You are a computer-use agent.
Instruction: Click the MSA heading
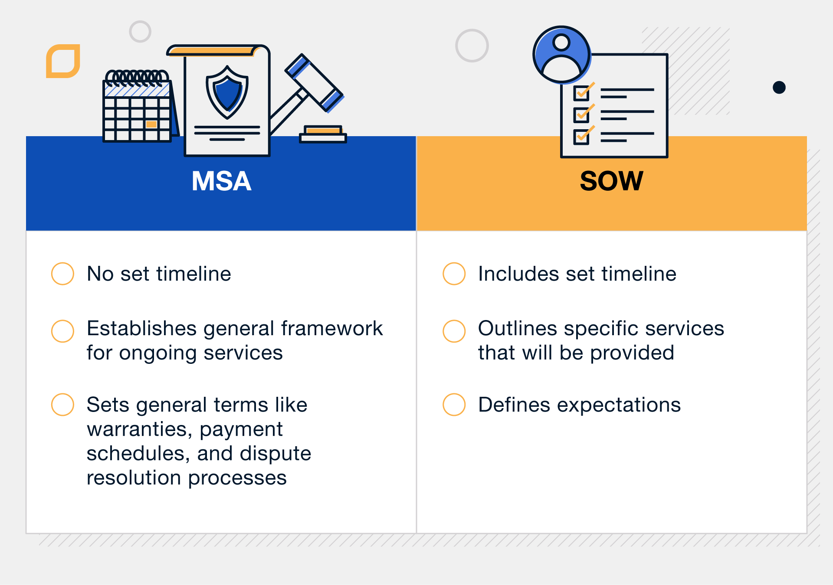[221, 181]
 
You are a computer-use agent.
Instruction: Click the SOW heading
[611, 181]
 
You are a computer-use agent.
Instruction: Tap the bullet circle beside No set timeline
[62, 274]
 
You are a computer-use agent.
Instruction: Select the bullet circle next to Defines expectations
[454, 405]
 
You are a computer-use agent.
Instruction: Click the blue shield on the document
[227, 92]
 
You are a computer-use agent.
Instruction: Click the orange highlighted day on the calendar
[151, 124]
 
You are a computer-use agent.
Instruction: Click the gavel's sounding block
[323, 134]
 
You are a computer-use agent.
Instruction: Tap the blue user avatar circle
[561, 55]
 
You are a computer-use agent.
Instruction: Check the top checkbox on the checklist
[581, 93]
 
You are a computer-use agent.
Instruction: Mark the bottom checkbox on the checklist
[581, 137]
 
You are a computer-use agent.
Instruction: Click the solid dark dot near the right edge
[779, 88]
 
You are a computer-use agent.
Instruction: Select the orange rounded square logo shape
[63, 61]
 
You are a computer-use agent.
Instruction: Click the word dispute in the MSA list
[275, 454]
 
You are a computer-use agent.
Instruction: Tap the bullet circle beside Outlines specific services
[454, 331]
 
